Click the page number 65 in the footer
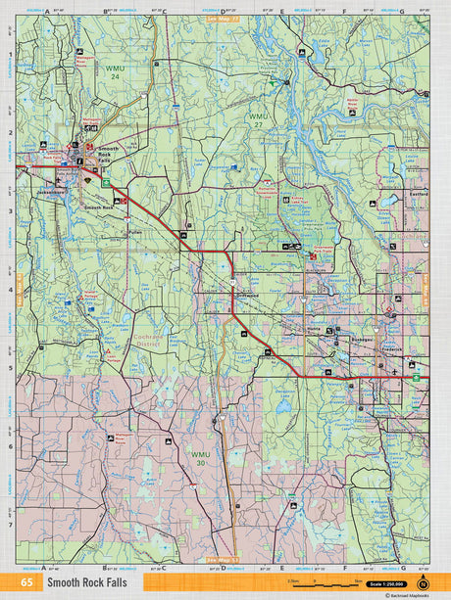[24, 582]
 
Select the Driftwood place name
[245, 292]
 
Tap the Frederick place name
[391, 347]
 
